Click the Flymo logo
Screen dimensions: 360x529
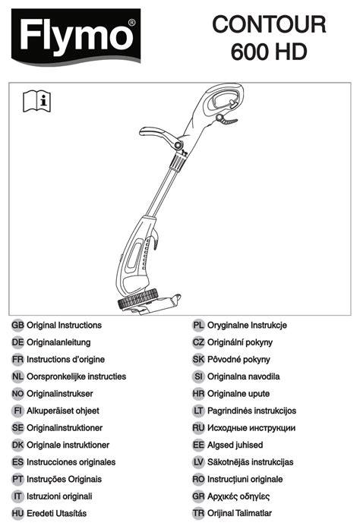click(x=76, y=36)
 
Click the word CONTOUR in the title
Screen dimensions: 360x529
click(x=269, y=24)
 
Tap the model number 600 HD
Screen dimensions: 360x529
click(x=269, y=52)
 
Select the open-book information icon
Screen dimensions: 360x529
click(x=36, y=101)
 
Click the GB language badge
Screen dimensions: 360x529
click(x=17, y=326)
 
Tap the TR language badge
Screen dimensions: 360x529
click(x=198, y=513)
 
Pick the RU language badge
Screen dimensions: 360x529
click(x=198, y=428)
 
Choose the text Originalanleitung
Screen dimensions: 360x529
click(x=58, y=342)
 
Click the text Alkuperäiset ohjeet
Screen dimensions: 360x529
click(x=63, y=411)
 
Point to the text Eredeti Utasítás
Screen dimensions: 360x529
click(x=56, y=514)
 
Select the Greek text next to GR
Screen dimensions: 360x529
click(x=238, y=496)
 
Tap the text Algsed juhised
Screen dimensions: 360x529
click(x=235, y=445)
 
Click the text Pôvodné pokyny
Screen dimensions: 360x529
click(x=238, y=360)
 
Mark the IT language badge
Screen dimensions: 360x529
click(x=17, y=496)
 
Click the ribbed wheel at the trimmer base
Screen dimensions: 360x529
click(x=137, y=298)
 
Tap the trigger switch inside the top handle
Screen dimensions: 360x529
click(x=232, y=103)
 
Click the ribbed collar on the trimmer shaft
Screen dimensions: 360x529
click(x=177, y=162)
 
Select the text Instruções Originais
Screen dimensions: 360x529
click(x=64, y=480)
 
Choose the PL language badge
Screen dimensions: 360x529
click(x=198, y=326)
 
